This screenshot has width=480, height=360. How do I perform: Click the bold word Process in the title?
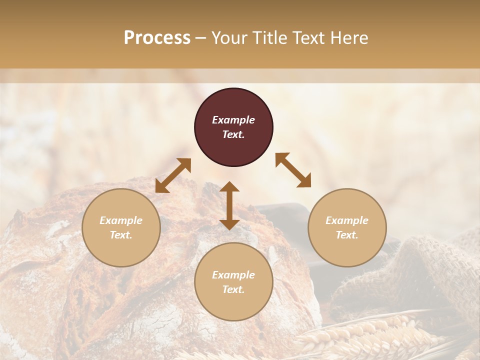157,37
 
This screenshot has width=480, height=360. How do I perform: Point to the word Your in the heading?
230,37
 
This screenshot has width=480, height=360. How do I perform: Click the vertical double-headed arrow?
229,205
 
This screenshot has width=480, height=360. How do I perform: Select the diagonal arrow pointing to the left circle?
173,175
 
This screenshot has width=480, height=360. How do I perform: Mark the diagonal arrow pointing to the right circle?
293,170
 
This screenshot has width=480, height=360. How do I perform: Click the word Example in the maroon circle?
233,120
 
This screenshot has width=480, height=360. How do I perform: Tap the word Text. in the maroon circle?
233,134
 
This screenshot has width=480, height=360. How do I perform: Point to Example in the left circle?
121,220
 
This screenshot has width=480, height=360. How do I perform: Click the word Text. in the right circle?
347,235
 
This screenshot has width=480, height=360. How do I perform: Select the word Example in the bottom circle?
233,275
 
